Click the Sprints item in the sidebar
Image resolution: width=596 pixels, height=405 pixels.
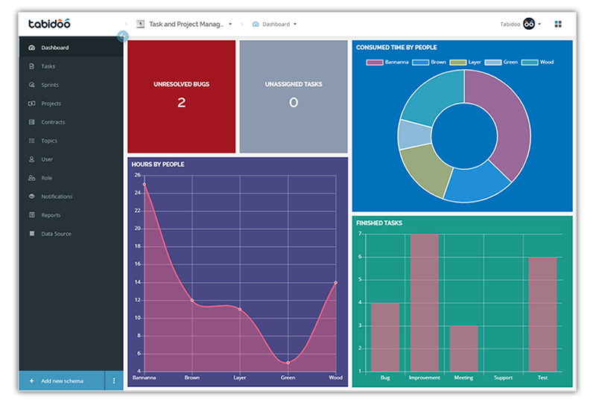click(50, 85)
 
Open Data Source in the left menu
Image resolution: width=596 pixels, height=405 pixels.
click(56, 234)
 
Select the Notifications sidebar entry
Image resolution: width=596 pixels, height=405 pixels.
click(57, 197)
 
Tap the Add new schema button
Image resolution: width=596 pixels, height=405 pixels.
click(62, 381)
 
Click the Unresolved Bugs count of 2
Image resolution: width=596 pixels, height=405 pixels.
click(181, 103)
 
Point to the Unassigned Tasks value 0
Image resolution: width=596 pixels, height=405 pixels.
click(294, 103)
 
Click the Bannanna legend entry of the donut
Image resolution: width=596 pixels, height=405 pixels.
click(393, 63)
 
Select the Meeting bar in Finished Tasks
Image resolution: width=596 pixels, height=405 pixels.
click(464, 348)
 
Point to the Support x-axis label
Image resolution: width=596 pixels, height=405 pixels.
click(504, 378)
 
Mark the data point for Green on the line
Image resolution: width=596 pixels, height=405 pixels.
click(288, 363)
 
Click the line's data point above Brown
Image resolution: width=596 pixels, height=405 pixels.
click(192, 301)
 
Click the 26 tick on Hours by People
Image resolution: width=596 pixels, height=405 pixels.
click(136, 175)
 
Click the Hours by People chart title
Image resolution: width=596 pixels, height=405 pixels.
click(158, 165)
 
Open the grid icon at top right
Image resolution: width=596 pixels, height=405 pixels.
click(558, 24)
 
